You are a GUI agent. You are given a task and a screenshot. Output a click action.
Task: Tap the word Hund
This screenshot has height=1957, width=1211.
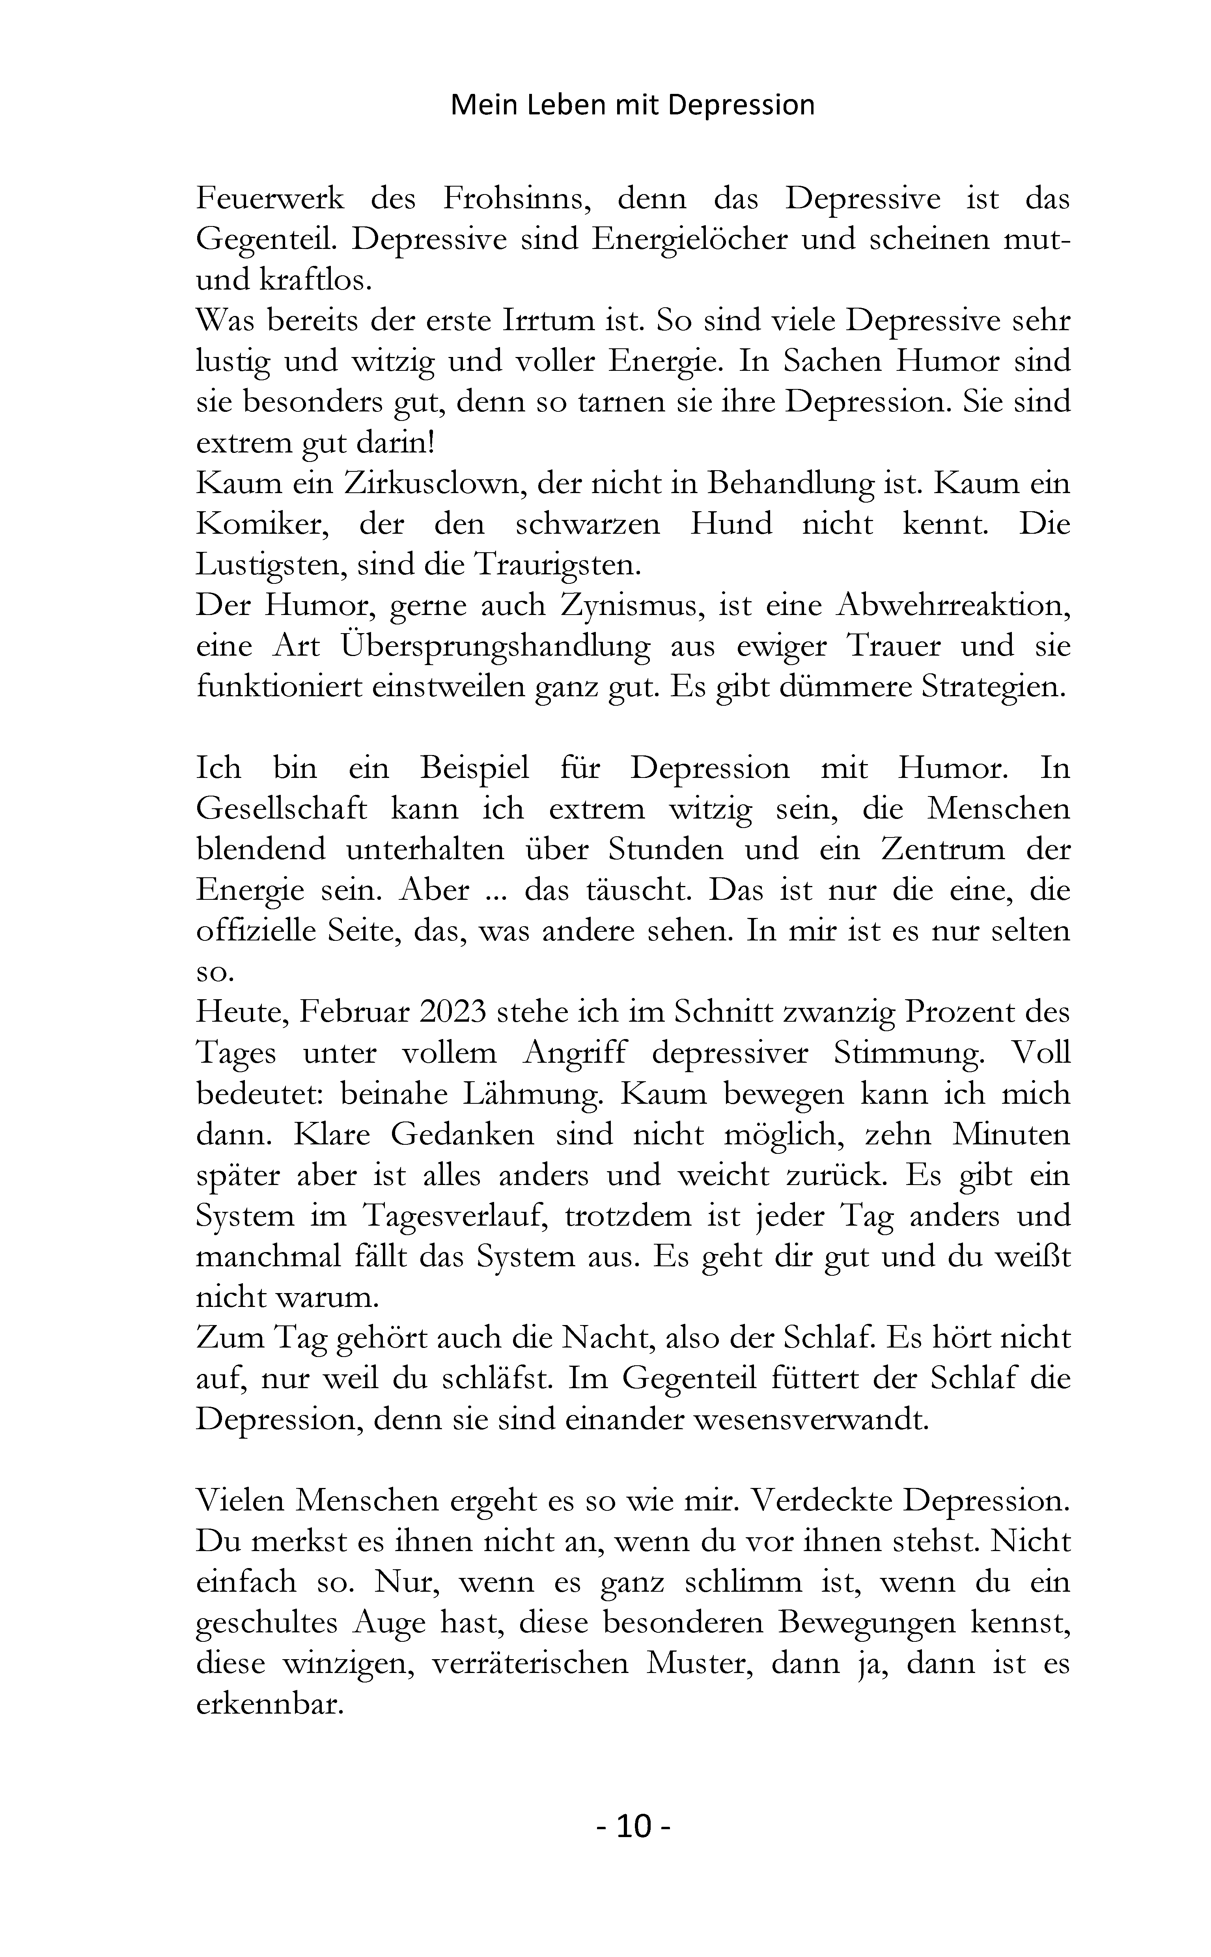point(730,524)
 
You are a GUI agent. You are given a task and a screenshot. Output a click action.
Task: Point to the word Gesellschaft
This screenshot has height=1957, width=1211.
point(282,809)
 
